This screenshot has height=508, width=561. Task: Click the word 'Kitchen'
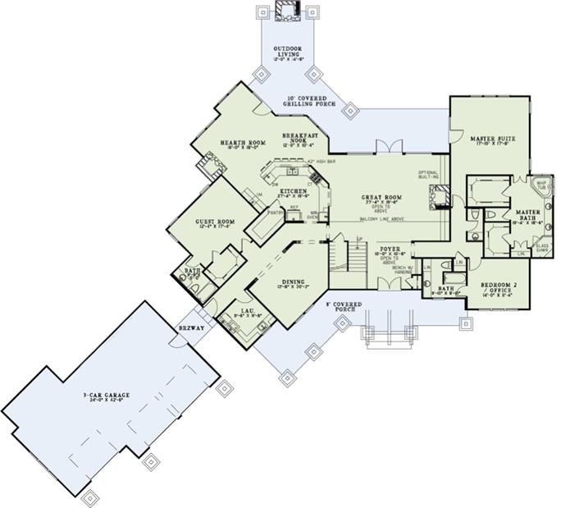click(x=292, y=190)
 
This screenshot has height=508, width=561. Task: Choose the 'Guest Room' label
click(x=215, y=221)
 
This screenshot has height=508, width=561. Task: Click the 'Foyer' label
click(x=389, y=246)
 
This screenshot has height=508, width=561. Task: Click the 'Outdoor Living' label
click(x=287, y=54)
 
